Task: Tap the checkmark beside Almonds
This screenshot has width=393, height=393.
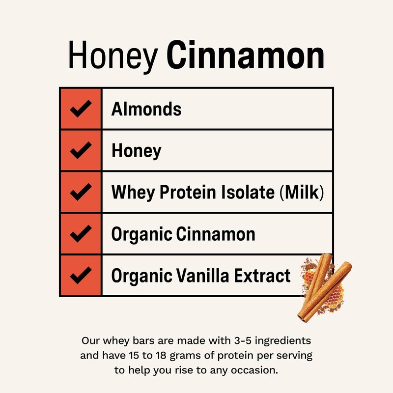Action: (x=81, y=109)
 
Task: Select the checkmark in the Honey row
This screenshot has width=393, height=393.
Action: (x=81, y=150)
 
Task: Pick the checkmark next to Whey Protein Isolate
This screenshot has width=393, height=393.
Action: (x=81, y=192)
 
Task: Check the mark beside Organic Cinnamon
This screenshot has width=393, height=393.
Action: (x=81, y=233)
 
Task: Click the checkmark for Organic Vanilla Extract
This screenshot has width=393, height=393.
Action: (x=81, y=275)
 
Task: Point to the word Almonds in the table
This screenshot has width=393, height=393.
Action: (x=146, y=109)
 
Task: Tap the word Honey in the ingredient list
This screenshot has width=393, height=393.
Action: (x=137, y=151)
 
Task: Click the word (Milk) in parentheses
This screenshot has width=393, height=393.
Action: (x=302, y=192)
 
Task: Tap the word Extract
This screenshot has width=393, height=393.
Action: (x=262, y=275)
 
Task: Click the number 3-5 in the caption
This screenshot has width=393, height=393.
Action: (x=243, y=340)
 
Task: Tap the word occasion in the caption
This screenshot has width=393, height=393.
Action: (x=254, y=370)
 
